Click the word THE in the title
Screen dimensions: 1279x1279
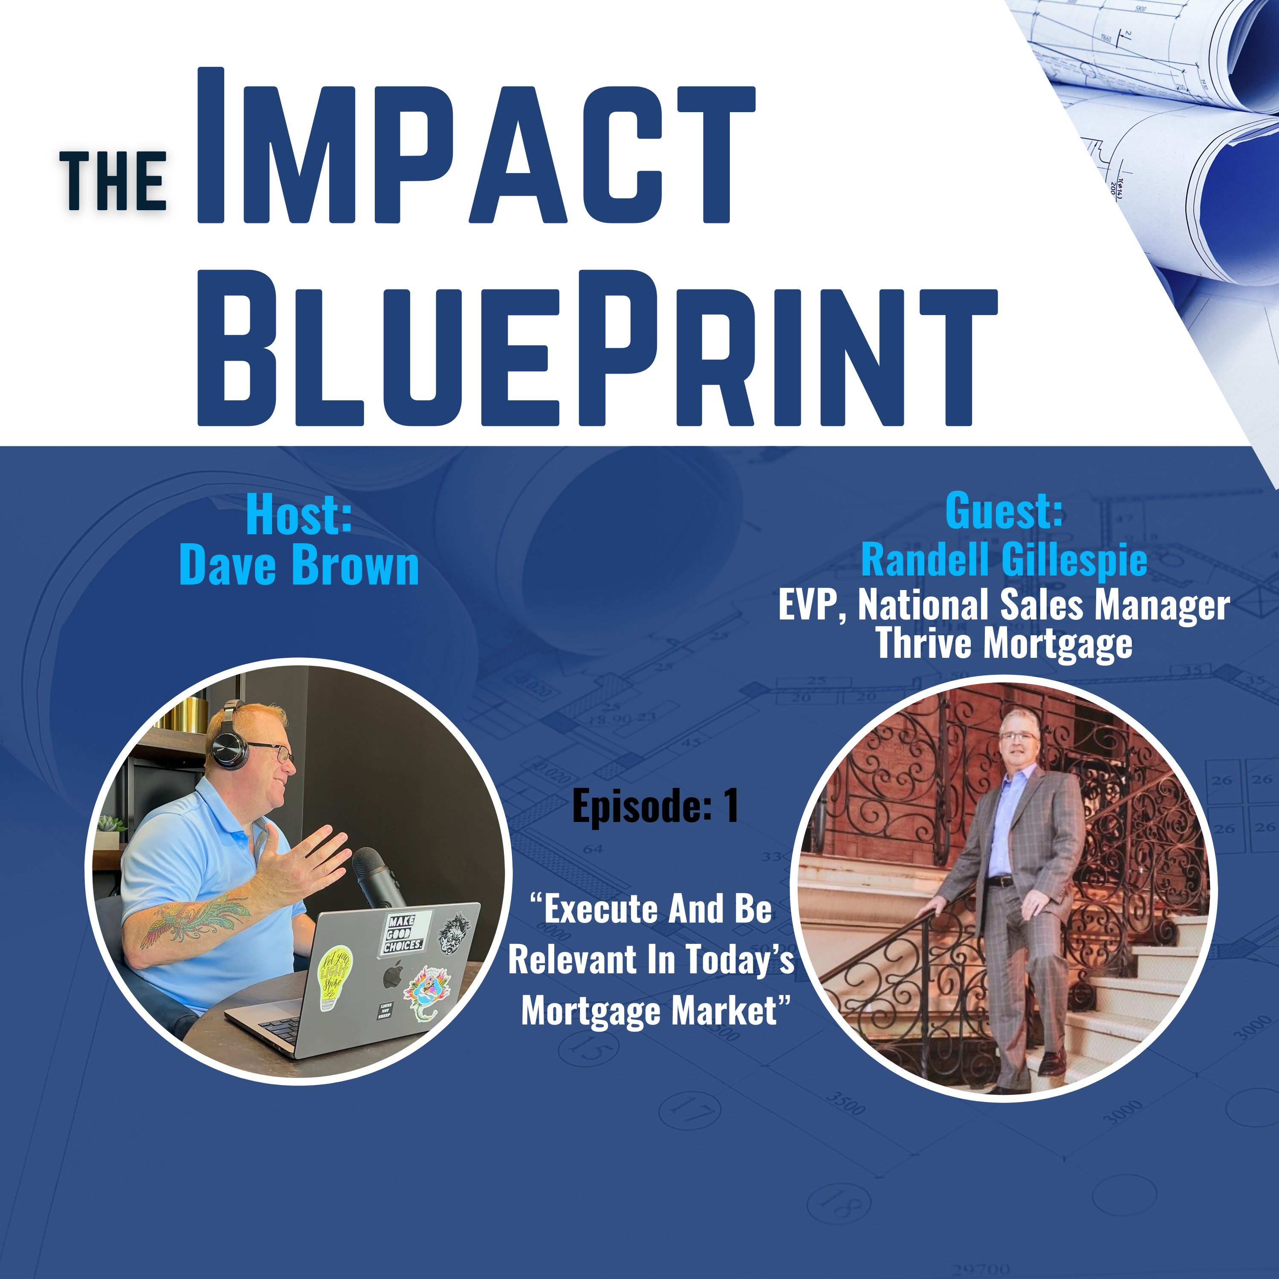[x=113, y=180]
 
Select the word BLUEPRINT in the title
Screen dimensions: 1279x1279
[x=597, y=347]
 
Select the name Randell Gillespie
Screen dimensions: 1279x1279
[x=1004, y=560]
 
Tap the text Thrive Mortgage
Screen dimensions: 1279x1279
[x=1004, y=643]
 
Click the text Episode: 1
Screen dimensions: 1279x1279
[x=655, y=806]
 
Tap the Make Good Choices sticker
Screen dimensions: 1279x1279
[x=405, y=933]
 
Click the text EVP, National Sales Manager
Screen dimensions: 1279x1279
[x=1004, y=605]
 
